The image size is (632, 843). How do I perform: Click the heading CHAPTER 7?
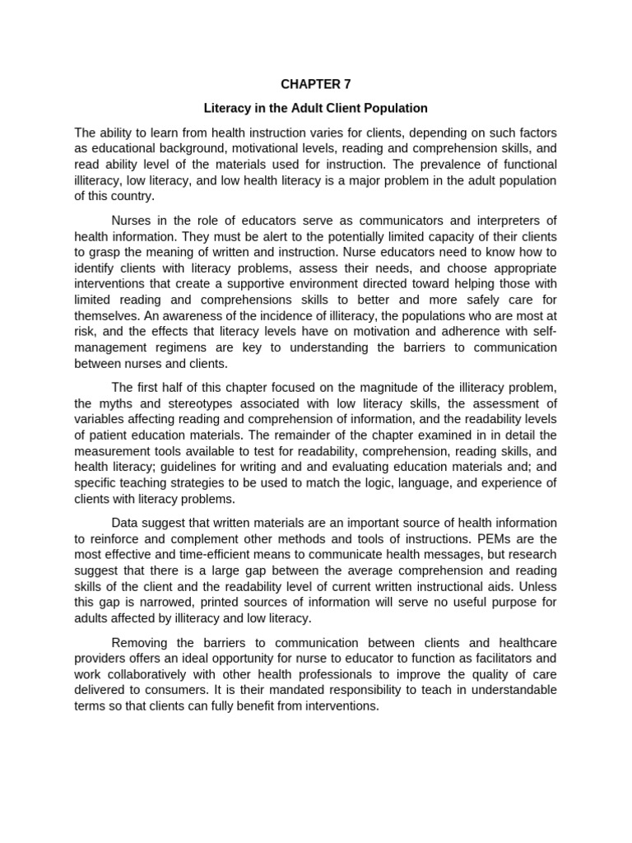(x=316, y=84)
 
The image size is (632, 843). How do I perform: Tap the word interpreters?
(x=505, y=220)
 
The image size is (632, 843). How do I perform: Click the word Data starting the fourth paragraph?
(x=126, y=524)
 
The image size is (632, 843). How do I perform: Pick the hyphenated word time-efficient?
(x=203, y=556)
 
